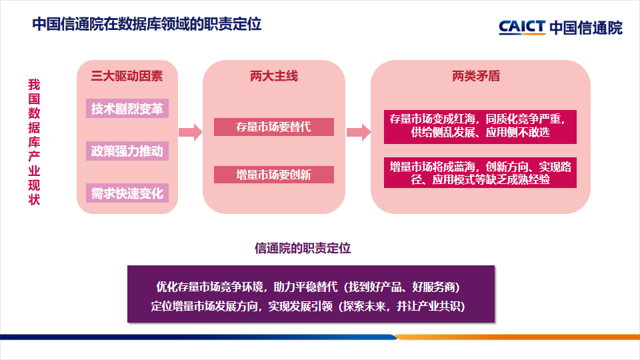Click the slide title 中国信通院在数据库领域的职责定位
[x=147, y=25]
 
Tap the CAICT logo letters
[x=522, y=27]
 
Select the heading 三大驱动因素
[x=127, y=76]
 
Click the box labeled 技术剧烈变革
[x=127, y=109]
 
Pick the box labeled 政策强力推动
[x=127, y=151]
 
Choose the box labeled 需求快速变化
[x=127, y=193]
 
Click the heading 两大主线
[x=273, y=76]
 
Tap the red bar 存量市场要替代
[x=273, y=127]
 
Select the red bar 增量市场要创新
[x=273, y=175]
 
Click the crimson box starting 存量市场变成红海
[x=480, y=126]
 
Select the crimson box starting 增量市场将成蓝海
[x=480, y=173]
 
